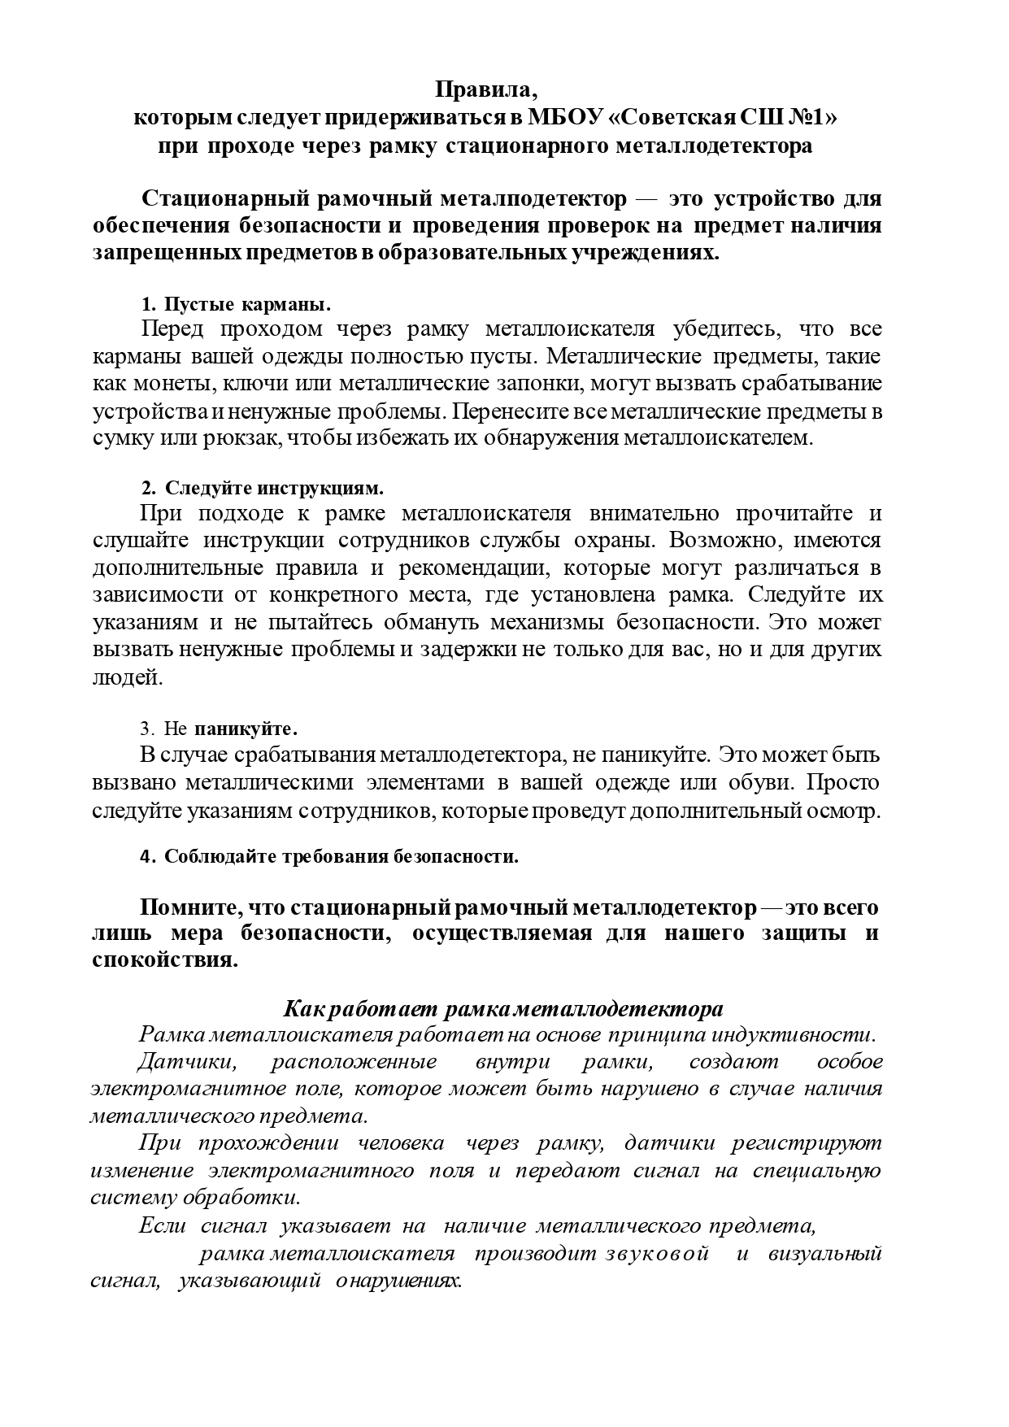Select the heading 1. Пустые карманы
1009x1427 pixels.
[237, 305]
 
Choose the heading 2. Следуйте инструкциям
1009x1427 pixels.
[262, 489]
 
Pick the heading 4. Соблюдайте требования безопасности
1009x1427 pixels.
[329, 857]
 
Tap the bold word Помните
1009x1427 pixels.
[187, 907]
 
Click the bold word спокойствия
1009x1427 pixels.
[165, 960]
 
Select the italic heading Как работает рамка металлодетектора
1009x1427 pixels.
[503, 1009]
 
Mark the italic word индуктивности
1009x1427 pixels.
[793, 1035]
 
